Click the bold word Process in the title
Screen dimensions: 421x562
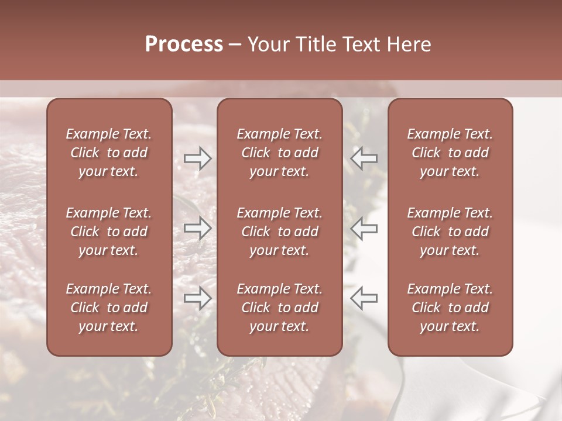(184, 44)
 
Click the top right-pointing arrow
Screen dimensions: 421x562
(198, 158)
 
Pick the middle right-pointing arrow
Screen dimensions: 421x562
(198, 228)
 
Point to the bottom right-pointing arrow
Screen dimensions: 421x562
(198, 298)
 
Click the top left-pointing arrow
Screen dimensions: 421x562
(364, 158)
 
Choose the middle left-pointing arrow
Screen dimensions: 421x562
(364, 228)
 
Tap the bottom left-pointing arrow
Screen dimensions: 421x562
(364, 298)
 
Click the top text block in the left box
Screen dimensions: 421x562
(109, 153)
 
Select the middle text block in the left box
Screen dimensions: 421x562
(109, 232)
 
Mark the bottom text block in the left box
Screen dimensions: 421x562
(109, 308)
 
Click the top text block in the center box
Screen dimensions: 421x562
(280, 153)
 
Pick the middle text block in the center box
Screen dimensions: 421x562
(280, 232)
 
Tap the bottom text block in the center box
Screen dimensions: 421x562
(280, 308)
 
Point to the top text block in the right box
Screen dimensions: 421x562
(450, 153)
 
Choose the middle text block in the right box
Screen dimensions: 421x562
(450, 232)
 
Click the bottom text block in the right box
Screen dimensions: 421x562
(450, 308)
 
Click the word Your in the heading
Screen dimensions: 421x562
(267, 44)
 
